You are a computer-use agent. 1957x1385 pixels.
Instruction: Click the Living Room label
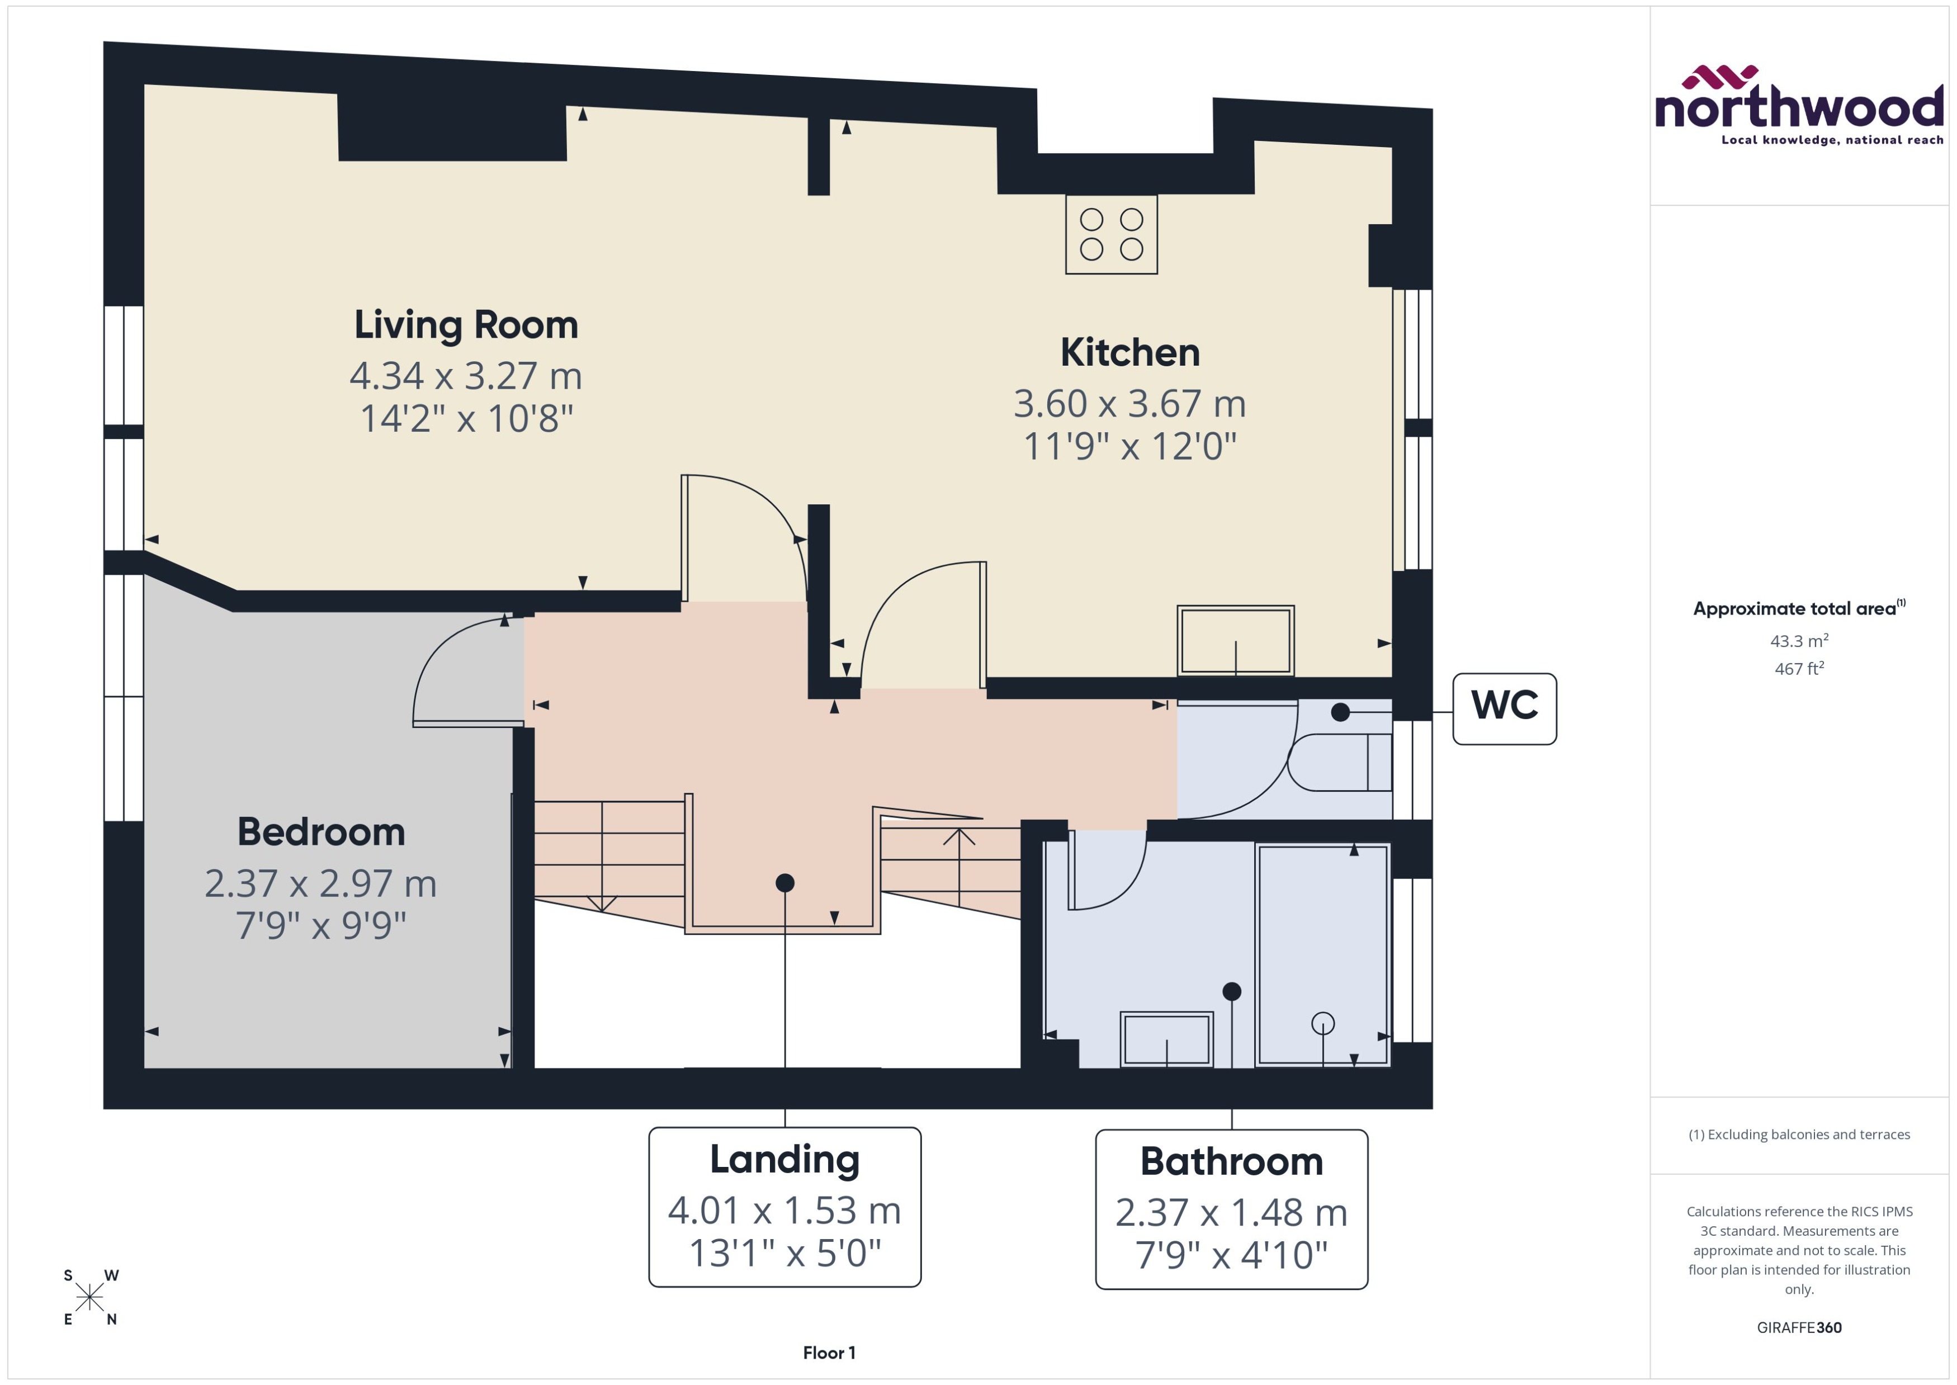466,325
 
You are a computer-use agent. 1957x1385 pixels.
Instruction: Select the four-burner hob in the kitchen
1110,234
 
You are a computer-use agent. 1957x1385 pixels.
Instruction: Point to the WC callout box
1504,708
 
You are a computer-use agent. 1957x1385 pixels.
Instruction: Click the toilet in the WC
1339,762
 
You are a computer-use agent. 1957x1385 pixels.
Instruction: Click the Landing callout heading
784,1159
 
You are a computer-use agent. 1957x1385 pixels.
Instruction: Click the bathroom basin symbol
1166,1039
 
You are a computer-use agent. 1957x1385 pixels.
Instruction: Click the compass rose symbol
89,1298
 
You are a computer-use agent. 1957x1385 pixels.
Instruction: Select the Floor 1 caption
828,1353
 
